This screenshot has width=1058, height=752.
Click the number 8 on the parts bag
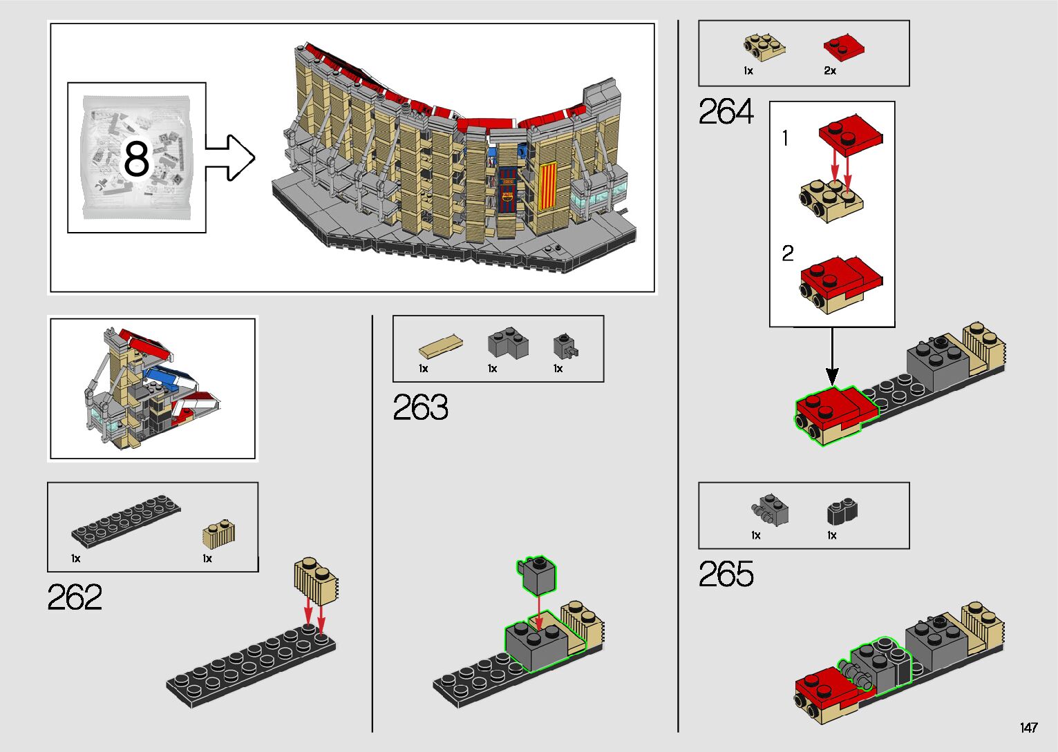136,159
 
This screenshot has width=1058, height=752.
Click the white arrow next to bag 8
230,158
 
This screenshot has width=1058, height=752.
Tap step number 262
75,597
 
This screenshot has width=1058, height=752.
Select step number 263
420,408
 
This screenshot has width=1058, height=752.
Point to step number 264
726,112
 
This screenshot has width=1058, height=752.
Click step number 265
726,574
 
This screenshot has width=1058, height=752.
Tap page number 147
1028,728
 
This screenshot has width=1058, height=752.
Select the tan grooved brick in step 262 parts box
219,534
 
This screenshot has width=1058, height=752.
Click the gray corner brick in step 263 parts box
507,343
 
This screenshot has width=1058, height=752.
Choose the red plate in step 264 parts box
844,48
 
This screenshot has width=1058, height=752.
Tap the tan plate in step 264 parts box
764,46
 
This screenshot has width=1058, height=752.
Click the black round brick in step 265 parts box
842,512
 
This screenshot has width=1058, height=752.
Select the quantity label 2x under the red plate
830,70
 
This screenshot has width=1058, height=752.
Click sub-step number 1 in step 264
785,139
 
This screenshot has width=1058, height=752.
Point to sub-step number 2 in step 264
788,254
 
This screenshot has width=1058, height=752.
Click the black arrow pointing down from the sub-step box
832,356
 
